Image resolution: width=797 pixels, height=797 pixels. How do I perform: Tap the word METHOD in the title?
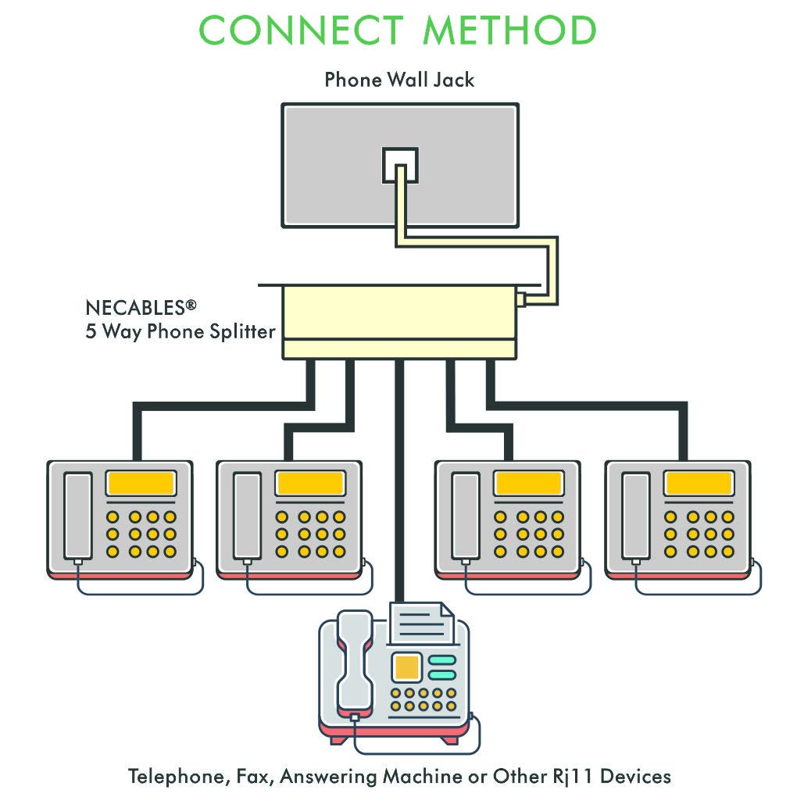tap(509, 30)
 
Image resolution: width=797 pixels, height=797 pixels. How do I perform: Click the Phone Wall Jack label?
tap(398, 79)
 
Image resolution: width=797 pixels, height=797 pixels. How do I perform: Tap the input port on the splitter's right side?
tap(520, 299)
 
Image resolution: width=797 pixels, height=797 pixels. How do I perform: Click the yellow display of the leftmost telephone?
tap(141, 483)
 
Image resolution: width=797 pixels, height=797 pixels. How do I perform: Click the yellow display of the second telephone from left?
tap(310, 483)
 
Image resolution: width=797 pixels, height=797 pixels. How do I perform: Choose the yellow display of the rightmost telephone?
tap(699, 483)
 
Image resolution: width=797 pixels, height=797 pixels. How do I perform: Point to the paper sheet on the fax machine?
tap(422, 625)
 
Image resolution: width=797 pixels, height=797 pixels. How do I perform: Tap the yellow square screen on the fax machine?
tap(406, 667)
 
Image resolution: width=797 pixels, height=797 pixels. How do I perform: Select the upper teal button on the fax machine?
tap(442, 659)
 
